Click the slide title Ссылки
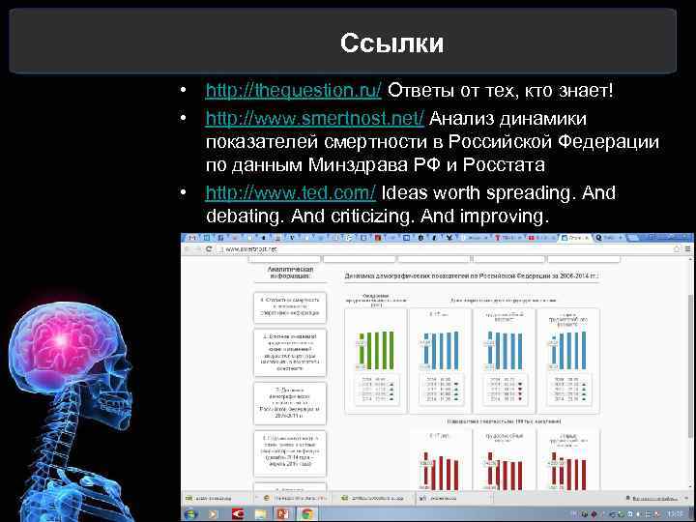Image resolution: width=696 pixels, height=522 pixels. click(391, 43)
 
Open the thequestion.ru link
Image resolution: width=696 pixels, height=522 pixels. click(294, 91)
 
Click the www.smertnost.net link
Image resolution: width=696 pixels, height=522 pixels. click(314, 118)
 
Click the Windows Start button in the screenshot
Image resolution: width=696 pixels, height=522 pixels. click(189, 514)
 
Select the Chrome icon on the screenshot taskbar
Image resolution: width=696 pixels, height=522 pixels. click(306, 514)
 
